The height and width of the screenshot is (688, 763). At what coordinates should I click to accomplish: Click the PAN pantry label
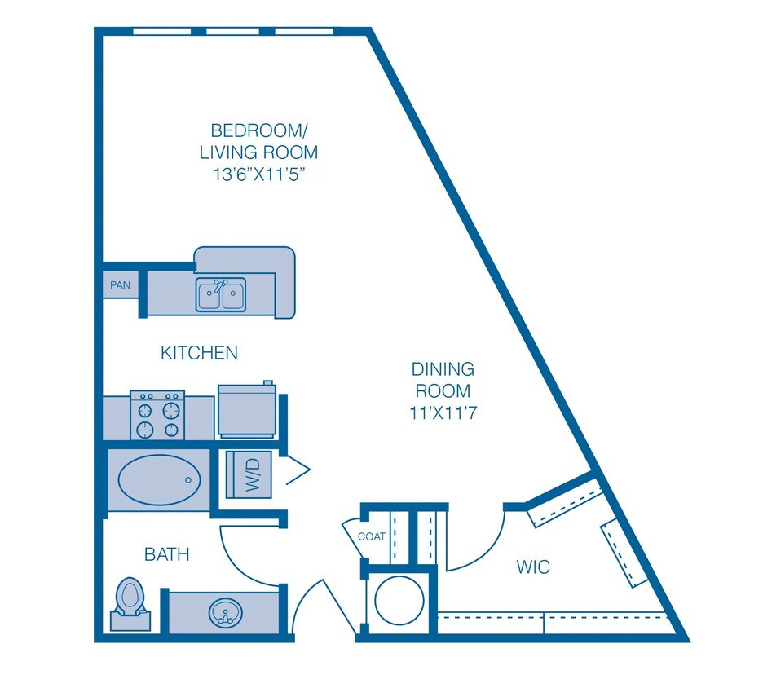[120, 286]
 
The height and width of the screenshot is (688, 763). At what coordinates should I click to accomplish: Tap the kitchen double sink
[220, 295]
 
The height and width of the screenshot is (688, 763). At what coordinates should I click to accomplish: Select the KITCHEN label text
[199, 353]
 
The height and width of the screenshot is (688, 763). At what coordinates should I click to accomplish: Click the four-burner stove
[157, 416]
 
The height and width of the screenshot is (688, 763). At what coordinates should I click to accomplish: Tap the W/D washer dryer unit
[252, 474]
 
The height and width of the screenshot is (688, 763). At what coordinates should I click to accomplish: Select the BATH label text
[166, 555]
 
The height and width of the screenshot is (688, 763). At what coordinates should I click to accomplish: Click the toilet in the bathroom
[129, 598]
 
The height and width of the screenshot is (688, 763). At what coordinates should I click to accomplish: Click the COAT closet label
[371, 536]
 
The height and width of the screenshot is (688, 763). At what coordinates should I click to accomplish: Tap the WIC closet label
[533, 567]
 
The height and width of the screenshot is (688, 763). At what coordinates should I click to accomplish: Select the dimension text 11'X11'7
[443, 413]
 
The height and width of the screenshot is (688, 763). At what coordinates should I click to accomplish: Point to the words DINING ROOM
[443, 380]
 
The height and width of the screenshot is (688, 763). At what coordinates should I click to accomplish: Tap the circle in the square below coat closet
[398, 602]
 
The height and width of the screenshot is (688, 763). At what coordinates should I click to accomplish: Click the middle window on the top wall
[239, 32]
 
